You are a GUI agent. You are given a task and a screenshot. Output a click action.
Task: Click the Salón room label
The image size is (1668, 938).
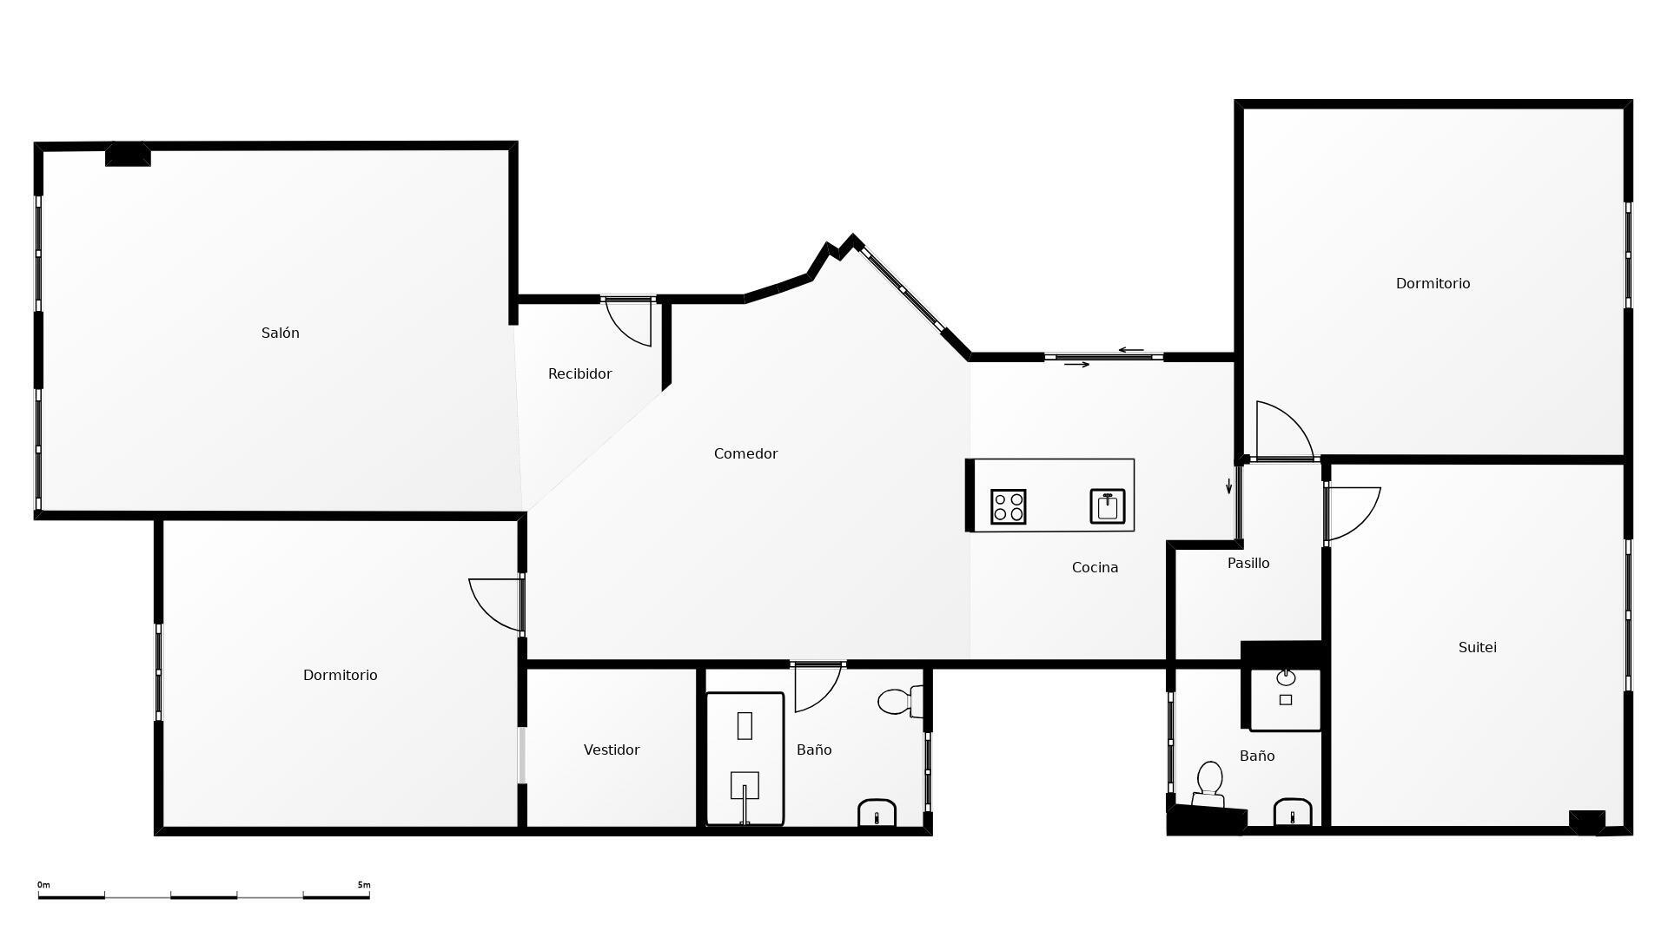coord(280,334)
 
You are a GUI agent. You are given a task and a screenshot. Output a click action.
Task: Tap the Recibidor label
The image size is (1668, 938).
coord(579,374)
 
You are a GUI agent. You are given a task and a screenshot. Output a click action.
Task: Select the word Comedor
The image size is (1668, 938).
coord(745,454)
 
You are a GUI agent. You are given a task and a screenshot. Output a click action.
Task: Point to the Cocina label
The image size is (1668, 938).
coord(1095,568)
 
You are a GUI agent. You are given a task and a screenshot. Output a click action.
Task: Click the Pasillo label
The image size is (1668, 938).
coord(1248,564)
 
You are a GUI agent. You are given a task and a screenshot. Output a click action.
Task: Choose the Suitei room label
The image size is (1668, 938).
coord(1477,648)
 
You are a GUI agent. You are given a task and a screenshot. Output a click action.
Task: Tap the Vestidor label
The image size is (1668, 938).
coord(612,750)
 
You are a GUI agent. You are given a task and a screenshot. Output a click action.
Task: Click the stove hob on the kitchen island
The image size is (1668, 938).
coord(1008,507)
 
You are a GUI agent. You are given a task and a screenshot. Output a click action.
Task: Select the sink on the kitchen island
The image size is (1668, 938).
coord(1108,506)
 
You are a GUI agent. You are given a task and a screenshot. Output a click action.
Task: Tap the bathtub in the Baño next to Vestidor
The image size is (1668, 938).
coord(745,758)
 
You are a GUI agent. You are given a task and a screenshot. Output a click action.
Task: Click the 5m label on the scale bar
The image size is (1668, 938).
coord(363,885)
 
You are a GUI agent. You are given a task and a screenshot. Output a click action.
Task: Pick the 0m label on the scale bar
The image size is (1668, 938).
coord(43,885)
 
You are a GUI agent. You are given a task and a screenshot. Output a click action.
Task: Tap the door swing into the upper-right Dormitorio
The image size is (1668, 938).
coord(1281,430)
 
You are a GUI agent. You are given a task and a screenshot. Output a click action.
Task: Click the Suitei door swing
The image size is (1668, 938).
coord(1352,512)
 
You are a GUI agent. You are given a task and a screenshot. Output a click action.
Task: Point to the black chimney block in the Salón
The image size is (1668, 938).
coord(128,155)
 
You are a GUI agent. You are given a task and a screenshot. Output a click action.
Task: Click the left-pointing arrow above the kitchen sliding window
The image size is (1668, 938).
coord(1130,350)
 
